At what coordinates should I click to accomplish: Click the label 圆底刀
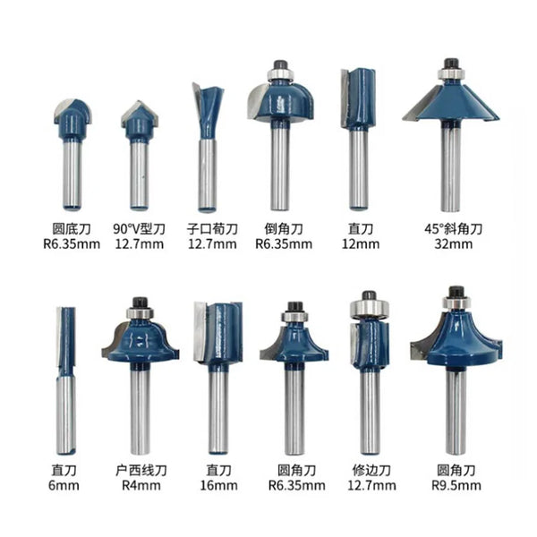pos(72,227)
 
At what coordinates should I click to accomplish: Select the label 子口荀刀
pos(212,227)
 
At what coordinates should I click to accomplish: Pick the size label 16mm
pos(218,485)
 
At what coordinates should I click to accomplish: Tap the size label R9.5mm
pos(456,485)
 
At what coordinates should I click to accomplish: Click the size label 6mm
pos(66,485)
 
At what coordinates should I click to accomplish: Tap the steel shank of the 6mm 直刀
pos(66,412)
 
